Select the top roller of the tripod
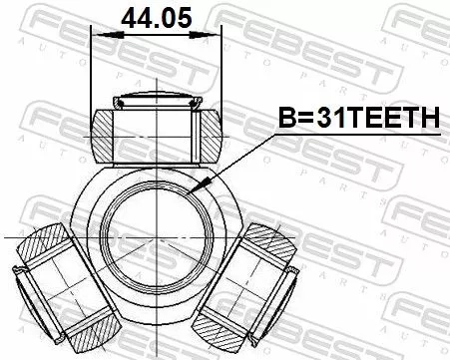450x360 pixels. (x=156, y=127)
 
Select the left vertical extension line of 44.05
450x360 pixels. (x=91, y=70)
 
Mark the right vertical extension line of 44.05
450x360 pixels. (x=221, y=70)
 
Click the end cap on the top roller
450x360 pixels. (x=156, y=99)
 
